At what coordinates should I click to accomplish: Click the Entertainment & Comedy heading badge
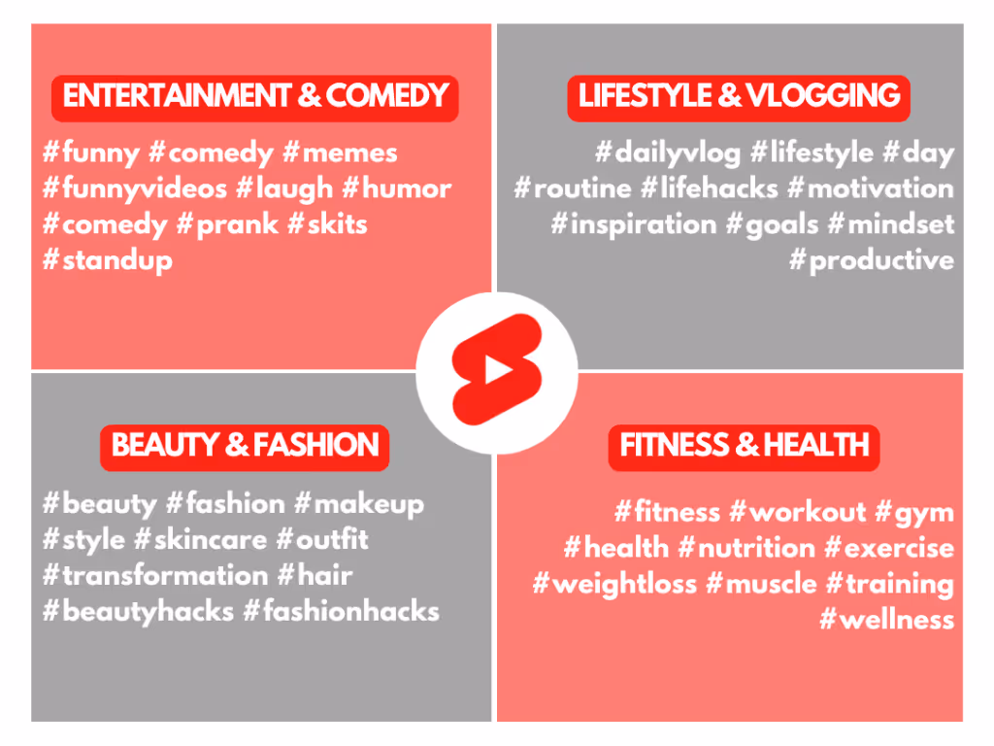click(x=255, y=98)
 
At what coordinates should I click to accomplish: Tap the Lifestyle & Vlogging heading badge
click(x=739, y=98)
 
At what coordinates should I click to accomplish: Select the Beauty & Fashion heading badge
click(x=245, y=447)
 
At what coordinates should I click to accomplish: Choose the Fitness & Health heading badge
click(x=745, y=447)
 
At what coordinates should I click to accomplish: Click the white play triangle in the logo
click(x=498, y=369)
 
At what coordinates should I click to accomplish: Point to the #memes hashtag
click(x=340, y=153)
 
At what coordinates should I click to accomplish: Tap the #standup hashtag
click(x=108, y=261)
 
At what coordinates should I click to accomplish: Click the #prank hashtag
click(x=227, y=225)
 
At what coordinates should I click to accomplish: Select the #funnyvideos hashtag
click(x=134, y=189)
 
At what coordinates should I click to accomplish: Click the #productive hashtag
click(x=872, y=261)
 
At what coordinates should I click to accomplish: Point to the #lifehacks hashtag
click(x=710, y=189)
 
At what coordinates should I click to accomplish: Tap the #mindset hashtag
click(x=891, y=224)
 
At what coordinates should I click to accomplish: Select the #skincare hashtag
click(x=201, y=540)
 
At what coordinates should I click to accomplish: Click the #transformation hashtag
click(x=155, y=576)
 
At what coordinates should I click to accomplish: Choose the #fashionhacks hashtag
click(x=342, y=612)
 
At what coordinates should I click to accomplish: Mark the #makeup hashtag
click(x=359, y=505)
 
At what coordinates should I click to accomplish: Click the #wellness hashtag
click(x=887, y=621)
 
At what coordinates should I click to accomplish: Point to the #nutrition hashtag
click(x=746, y=549)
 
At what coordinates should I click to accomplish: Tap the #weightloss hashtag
click(x=614, y=585)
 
